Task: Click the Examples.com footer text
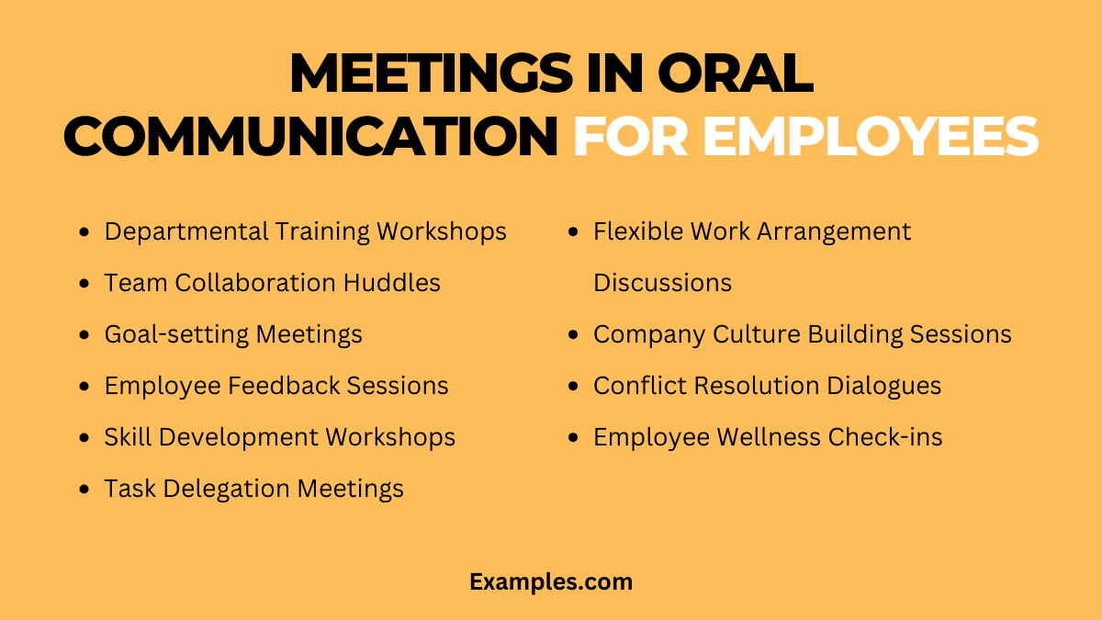click(551, 581)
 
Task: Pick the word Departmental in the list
click(186, 231)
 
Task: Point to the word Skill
click(129, 437)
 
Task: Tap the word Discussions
click(662, 283)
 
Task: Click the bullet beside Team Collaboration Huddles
click(85, 284)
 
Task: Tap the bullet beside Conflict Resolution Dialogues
click(574, 387)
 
